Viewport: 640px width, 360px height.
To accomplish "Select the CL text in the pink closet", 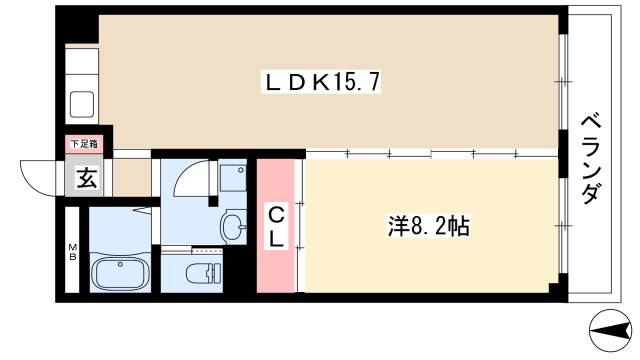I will point(276,227).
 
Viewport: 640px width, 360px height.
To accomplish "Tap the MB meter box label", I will point(71,249).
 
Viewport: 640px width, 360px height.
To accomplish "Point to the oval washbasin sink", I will point(233,226).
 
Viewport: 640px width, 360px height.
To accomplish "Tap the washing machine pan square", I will point(232,177).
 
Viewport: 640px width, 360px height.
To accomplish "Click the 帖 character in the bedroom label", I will point(458,226).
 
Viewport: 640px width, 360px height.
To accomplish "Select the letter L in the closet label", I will point(276,239).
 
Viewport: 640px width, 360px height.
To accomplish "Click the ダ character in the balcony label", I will point(591,194).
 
